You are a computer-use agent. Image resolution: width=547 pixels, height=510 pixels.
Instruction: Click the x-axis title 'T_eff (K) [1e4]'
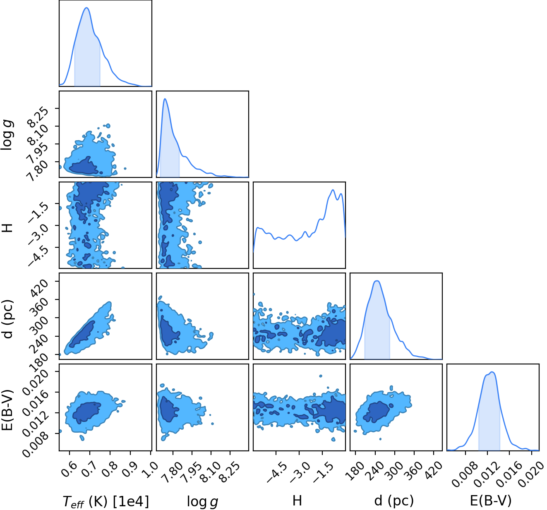(x=106, y=501)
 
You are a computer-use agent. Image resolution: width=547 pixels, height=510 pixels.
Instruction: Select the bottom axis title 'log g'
(x=202, y=501)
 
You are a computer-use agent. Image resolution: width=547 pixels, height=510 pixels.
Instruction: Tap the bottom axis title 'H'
(x=297, y=500)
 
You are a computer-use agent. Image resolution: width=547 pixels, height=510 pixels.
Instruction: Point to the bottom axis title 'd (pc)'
(x=394, y=501)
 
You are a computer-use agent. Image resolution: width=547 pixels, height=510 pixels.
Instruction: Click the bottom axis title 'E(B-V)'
(x=491, y=501)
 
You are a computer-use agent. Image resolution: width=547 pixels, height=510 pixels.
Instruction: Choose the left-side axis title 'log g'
(x=7, y=135)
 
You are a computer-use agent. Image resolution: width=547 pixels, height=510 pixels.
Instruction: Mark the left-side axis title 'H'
(x=7, y=228)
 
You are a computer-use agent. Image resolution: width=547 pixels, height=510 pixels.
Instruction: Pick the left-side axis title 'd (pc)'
(x=7, y=319)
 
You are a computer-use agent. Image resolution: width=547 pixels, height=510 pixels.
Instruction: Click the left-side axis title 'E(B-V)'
(x=7, y=410)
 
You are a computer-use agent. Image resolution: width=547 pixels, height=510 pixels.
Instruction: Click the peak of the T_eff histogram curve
(x=86, y=8)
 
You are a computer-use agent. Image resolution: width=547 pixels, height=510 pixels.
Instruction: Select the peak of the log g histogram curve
(x=165, y=98)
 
